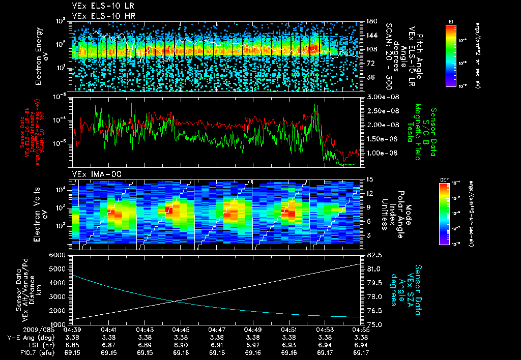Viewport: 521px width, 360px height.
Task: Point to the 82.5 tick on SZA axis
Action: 371,255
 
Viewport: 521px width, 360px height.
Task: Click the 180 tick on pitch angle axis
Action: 370,21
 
